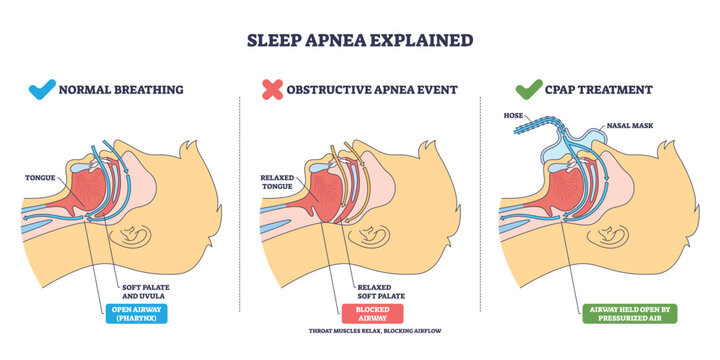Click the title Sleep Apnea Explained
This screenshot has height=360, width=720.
pyautogui.click(x=360, y=41)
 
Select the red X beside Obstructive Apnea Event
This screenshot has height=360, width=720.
pyautogui.click(x=270, y=89)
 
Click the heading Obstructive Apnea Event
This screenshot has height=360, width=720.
pyautogui.click(x=372, y=90)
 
